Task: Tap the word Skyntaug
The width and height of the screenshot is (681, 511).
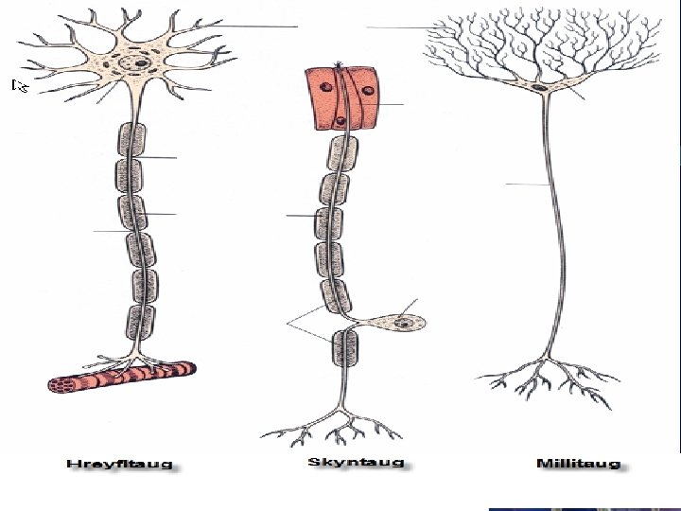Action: pos(356,463)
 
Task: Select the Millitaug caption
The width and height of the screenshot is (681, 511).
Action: pos(578,464)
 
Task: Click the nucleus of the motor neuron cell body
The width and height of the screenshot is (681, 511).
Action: pos(141,63)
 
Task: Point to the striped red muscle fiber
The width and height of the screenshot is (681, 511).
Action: pos(120,377)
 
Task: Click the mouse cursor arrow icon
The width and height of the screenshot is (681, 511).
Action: pos(18,86)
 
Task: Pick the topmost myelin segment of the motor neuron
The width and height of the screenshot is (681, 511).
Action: pos(132,140)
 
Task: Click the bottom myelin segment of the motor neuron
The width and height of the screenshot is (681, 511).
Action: pos(142,323)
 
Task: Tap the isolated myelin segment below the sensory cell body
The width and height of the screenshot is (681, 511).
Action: pos(344,347)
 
